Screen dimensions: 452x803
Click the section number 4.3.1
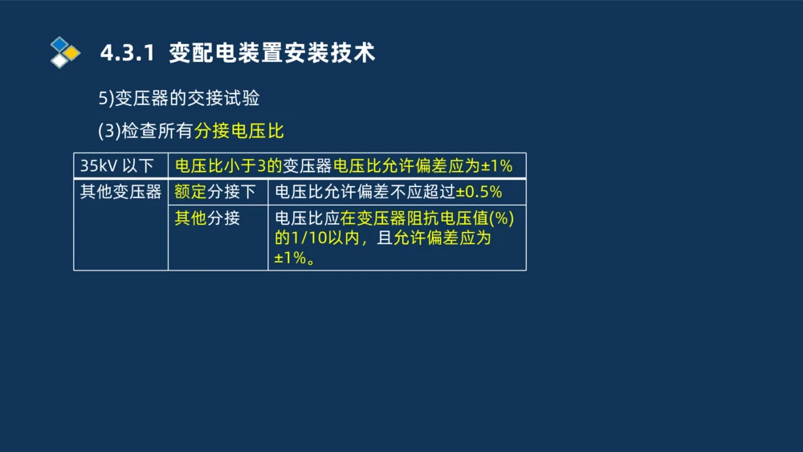pyautogui.click(x=126, y=54)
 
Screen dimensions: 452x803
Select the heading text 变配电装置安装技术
pyautogui.click(x=272, y=54)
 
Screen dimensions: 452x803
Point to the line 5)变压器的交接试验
pyautogui.click(x=179, y=98)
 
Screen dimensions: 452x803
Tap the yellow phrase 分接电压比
pyautogui.click(x=239, y=131)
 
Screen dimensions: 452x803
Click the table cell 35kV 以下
pyautogui.click(x=117, y=166)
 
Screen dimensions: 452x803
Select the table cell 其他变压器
pyautogui.click(x=120, y=193)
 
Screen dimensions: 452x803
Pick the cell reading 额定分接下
pyautogui.click(x=214, y=193)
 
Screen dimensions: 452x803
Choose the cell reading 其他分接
pyautogui.click(x=207, y=218)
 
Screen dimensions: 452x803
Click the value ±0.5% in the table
pyautogui.click(x=479, y=193)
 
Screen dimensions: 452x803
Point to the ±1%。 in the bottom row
pyautogui.click(x=293, y=259)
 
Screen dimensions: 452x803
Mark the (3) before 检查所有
pyautogui.click(x=109, y=131)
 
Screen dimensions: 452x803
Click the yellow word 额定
pyautogui.click(x=190, y=193)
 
